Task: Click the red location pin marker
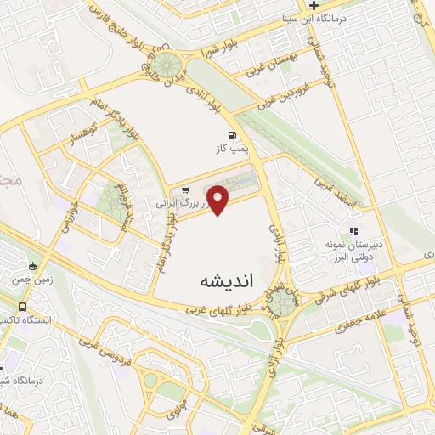(219, 198)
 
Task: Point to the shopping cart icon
(185, 191)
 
